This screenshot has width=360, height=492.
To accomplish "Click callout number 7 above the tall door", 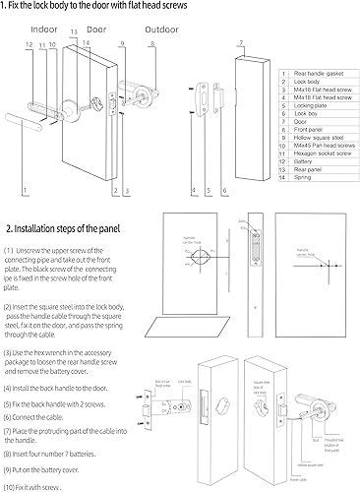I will point(240,43).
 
